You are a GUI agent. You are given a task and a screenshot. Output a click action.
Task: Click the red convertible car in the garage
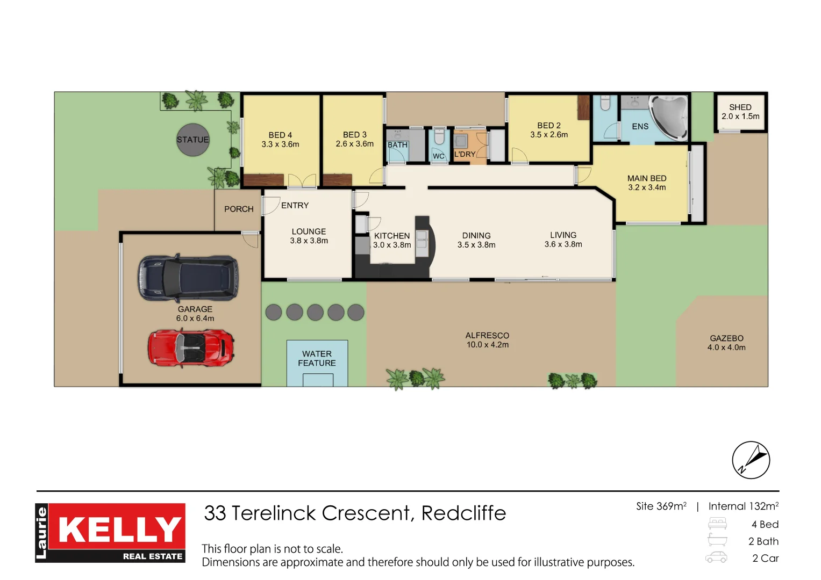[x=190, y=348]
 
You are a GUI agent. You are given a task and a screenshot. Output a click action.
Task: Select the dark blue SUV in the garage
[x=188, y=278]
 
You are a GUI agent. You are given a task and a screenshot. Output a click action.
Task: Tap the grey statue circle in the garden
[x=193, y=140]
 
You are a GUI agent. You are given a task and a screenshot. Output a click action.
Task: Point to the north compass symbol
[x=751, y=460]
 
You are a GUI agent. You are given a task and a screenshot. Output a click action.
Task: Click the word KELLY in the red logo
[x=119, y=530]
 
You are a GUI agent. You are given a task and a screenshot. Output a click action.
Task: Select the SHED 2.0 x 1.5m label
[x=740, y=112]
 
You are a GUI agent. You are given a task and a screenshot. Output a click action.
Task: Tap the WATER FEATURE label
[x=317, y=359]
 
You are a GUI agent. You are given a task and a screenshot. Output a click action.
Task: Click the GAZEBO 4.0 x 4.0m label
[x=726, y=343]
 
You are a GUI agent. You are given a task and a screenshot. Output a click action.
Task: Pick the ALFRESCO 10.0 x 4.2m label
[x=488, y=340]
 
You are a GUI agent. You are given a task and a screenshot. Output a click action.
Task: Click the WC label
[x=438, y=156]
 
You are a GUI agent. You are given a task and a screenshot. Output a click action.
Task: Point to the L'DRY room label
[x=465, y=154]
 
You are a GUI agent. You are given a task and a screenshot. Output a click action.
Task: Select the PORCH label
[x=239, y=209]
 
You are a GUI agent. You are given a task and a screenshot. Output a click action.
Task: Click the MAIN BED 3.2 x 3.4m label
[x=647, y=183]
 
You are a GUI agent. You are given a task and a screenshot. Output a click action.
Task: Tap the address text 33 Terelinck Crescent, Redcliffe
[x=355, y=513]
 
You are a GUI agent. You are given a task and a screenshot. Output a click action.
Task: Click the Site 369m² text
[x=661, y=506]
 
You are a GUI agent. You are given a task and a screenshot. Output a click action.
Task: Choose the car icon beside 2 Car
[x=717, y=557]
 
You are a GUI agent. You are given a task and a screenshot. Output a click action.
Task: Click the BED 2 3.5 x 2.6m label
[x=549, y=130]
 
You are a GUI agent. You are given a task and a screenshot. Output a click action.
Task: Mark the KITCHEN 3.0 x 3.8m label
[x=392, y=240]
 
